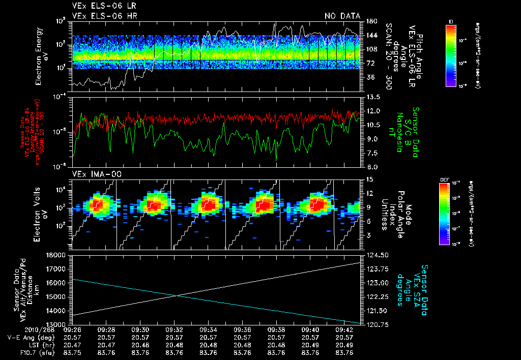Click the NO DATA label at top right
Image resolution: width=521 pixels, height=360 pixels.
click(342, 16)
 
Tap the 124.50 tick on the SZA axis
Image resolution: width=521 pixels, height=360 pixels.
click(376, 255)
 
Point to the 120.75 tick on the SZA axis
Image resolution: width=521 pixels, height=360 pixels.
click(376, 324)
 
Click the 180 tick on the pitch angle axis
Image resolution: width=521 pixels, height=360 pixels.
click(370, 21)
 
